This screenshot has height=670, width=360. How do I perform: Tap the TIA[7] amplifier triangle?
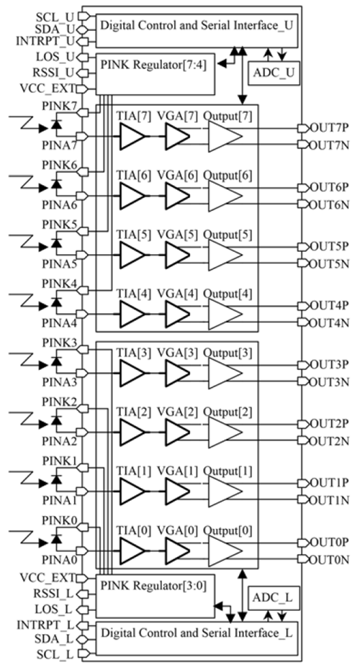point(132,137)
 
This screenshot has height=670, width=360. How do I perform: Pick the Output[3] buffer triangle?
point(225,373)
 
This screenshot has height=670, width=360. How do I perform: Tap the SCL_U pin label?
point(55,17)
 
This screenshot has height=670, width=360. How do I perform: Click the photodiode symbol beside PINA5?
point(56,243)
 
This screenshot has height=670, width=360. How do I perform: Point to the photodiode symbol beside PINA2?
point(56,420)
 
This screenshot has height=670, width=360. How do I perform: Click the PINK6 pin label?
point(60,164)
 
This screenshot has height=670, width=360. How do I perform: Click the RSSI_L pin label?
point(55,594)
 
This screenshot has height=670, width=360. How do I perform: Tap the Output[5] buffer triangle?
point(225,255)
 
